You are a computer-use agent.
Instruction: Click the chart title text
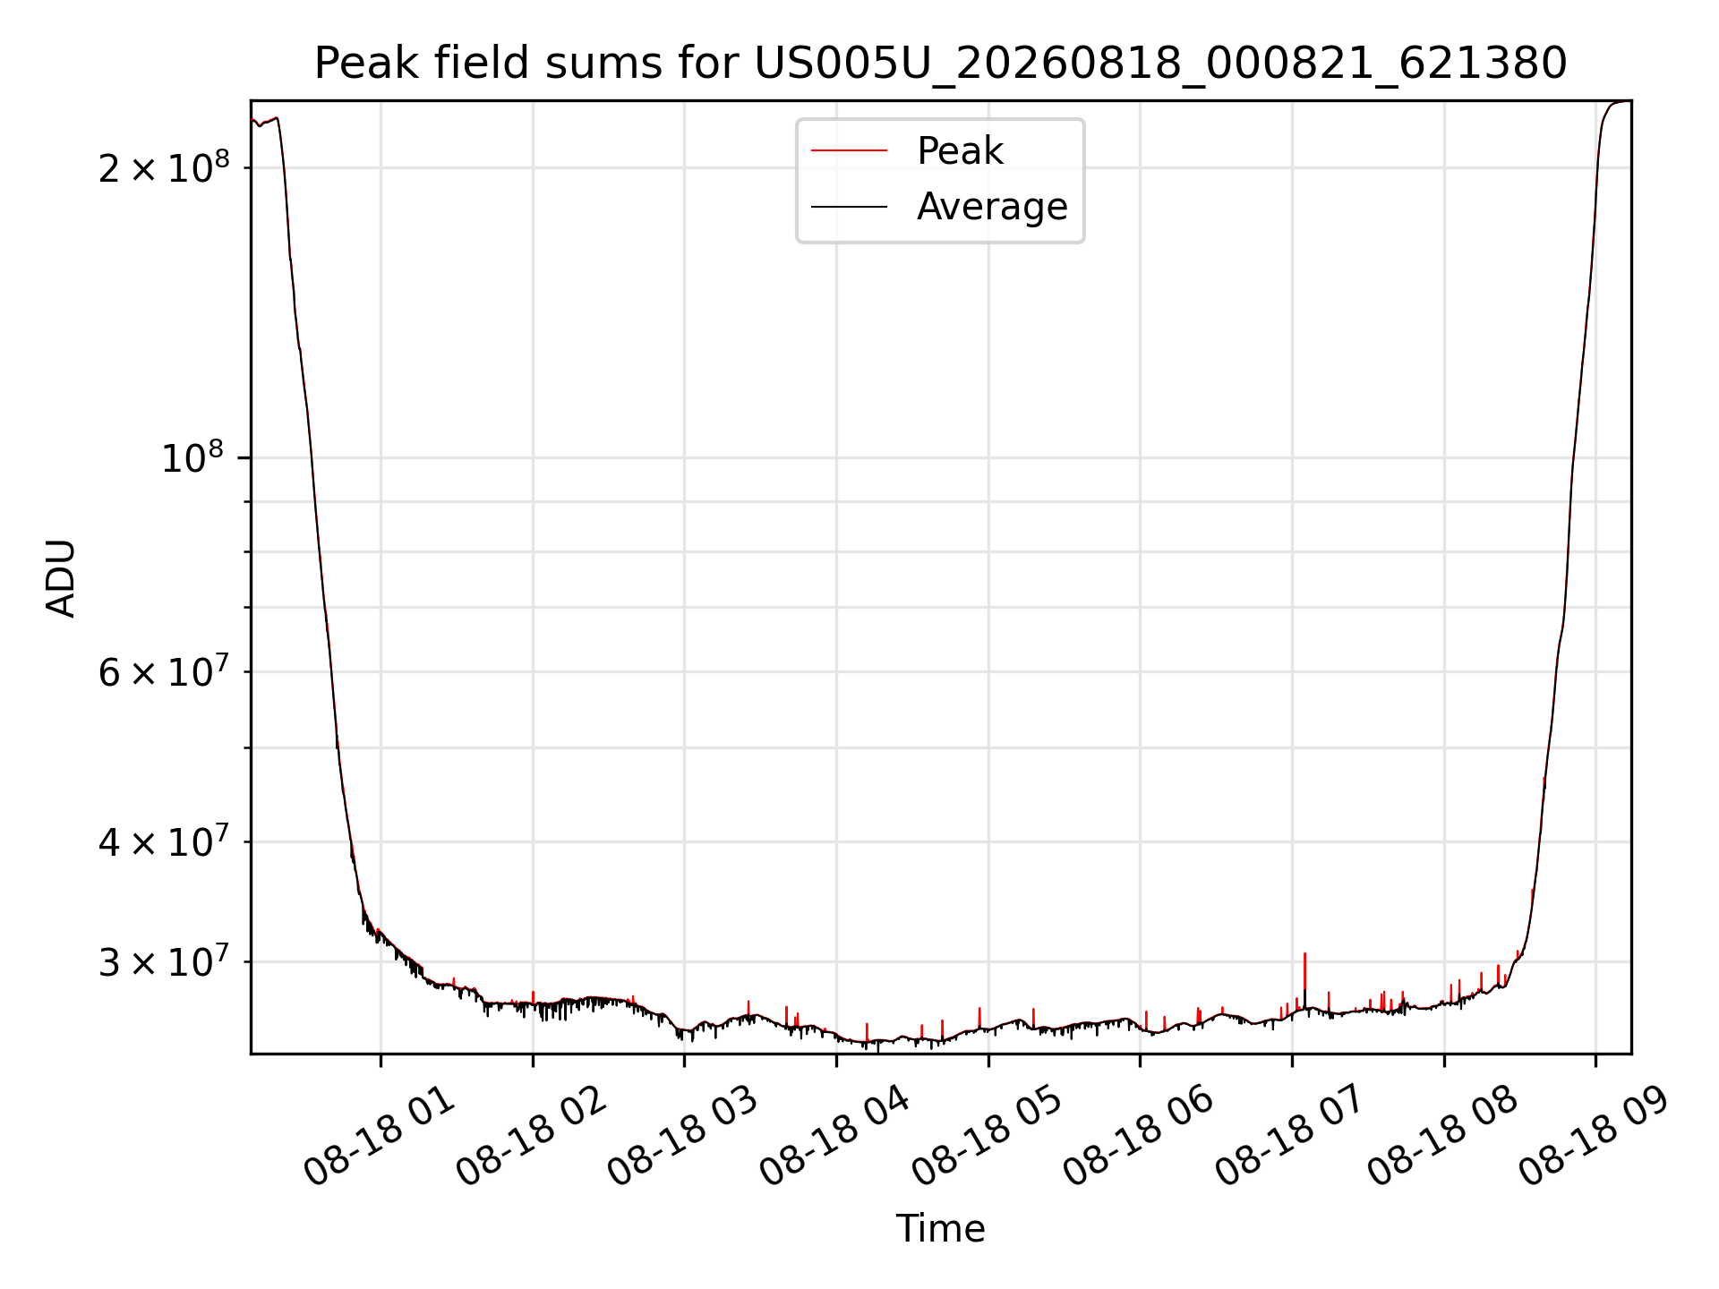coord(940,64)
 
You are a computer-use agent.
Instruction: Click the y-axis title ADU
coord(61,578)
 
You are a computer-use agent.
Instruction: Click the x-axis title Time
coord(940,1229)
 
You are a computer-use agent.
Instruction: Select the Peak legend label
coord(960,150)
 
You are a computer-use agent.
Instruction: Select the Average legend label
coord(992,207)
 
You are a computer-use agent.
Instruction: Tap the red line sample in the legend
coord(849,151)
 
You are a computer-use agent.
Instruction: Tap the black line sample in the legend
coord(849,207)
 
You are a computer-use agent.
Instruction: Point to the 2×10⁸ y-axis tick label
coord(164,166)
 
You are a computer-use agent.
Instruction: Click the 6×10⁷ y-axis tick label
coord(164,670)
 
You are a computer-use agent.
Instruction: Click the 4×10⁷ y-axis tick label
coord(164,841)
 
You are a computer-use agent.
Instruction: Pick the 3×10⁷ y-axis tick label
coord(164,961)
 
